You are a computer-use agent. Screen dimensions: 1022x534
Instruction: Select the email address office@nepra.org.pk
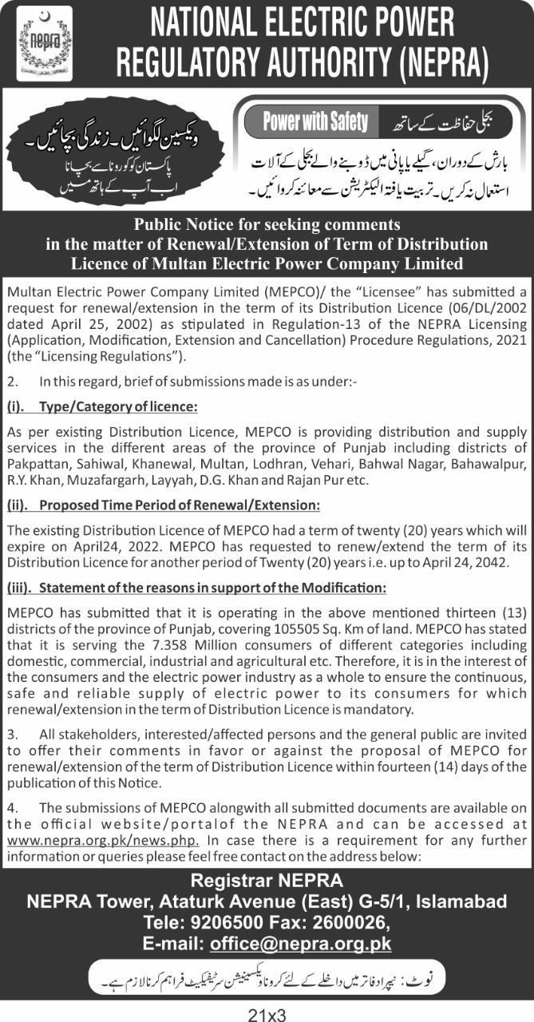(301, 943)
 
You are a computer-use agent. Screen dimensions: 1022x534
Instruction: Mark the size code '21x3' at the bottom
(267, 1014)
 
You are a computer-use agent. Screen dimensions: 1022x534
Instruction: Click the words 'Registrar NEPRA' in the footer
(267, 881)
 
